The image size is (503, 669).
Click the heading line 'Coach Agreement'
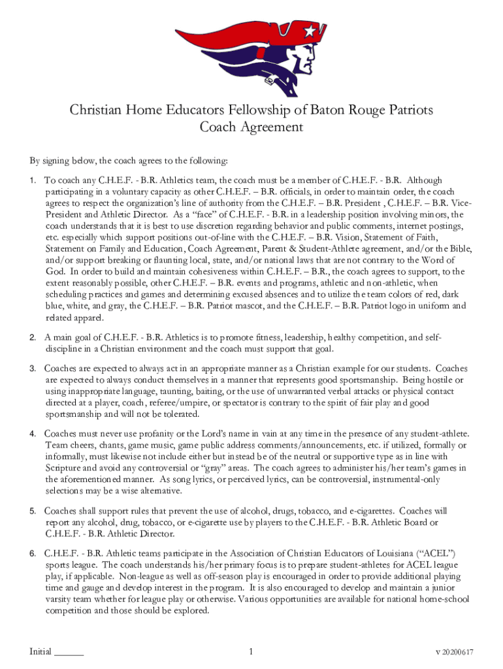[x=252, y=127]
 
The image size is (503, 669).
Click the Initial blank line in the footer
[x=69, y=651]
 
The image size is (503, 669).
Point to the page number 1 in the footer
[x=252, y=651]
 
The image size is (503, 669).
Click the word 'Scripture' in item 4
[x=63, y=468]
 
